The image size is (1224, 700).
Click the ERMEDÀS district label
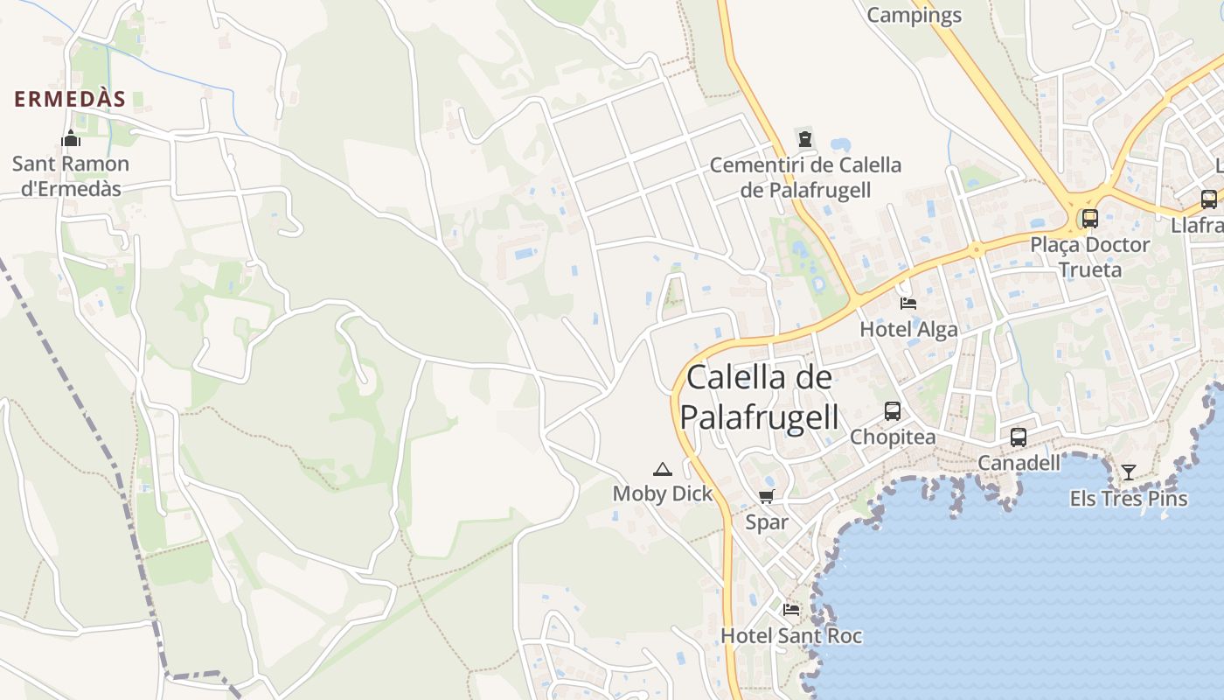70,99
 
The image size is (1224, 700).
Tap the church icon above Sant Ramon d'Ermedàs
71,138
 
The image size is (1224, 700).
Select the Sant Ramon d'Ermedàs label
71,176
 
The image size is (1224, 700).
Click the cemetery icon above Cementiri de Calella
804,138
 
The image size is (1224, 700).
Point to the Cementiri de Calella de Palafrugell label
805,177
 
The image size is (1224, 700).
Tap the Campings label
914,15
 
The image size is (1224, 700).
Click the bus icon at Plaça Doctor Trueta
1089,218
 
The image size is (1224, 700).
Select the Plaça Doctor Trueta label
1089,256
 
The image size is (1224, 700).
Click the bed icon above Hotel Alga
908,304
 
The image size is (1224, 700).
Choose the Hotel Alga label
908,329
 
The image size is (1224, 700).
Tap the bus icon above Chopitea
892,410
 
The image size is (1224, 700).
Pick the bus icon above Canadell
1019,437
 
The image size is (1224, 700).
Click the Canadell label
1019,462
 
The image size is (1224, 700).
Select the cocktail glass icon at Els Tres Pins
1129,472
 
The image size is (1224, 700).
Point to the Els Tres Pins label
1129,499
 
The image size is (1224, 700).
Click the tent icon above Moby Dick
662,469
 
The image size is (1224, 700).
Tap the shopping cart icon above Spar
766,497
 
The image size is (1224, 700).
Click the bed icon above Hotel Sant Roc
791,610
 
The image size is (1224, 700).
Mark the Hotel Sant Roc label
791,636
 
